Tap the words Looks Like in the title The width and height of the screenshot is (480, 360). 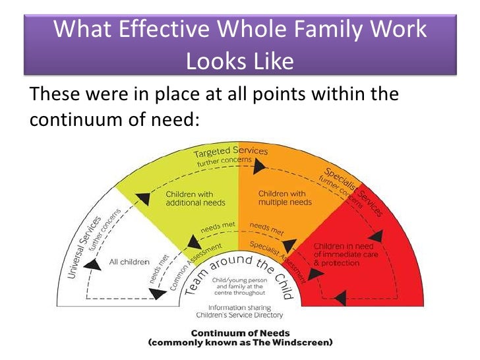[239, 61]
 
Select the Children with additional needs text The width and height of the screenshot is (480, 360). [189, 198]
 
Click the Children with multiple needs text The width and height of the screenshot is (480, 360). [282, 198]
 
